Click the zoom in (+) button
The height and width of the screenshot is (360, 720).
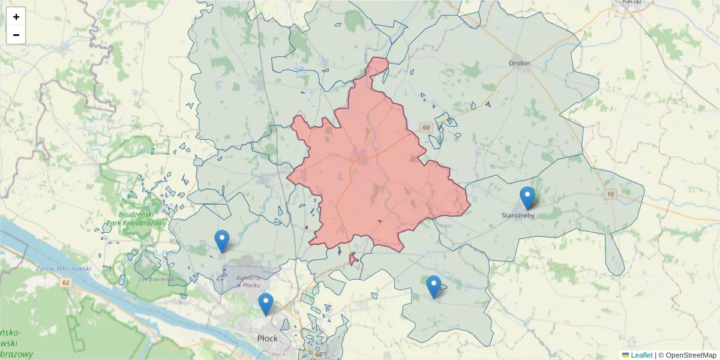(16, 17)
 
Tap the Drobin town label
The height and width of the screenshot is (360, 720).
(520, 62)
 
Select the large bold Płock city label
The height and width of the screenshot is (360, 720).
(267, 338)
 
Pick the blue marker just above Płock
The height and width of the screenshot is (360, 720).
(266, 304)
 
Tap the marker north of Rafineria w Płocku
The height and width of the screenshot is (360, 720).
(222, 241)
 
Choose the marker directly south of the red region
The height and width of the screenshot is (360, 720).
(433, 287)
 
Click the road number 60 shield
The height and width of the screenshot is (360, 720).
(426, 128)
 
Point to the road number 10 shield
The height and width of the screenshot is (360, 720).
(611, 194)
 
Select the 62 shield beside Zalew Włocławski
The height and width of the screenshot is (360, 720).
(65, 282)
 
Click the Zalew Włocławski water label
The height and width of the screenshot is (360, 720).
(63, 269)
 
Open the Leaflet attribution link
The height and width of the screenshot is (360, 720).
(641, 355)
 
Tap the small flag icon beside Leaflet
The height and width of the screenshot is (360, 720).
(625, 355)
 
